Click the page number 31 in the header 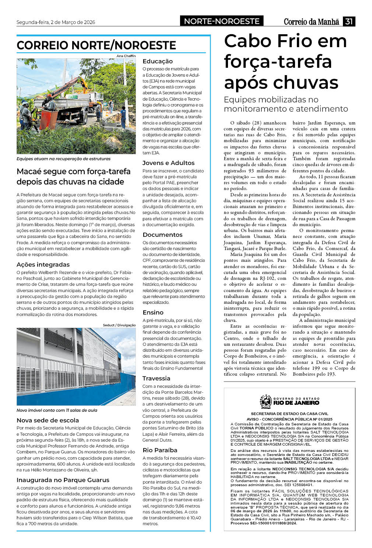coord(348,21)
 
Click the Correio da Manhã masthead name coord(311,22)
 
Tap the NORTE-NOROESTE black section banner coord(222,21)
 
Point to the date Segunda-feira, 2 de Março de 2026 coord(56,22)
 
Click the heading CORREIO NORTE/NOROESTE coord(96,45)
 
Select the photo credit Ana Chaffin coord(126,56)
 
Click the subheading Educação coord(158,61)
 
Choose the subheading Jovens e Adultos coord(168,163)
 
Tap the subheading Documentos coord(162,235)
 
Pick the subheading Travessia coord(156,378)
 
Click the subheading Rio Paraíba coord(160,450)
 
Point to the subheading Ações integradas coord(43,264)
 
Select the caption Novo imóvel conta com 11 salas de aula coord(57,410)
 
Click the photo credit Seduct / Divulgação coord(119,325)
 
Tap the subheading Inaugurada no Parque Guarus coord(63,480)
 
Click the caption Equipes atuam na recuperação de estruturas coord(63,159)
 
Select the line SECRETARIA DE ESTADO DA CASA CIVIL coord(289,414)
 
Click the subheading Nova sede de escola coord(48,420)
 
